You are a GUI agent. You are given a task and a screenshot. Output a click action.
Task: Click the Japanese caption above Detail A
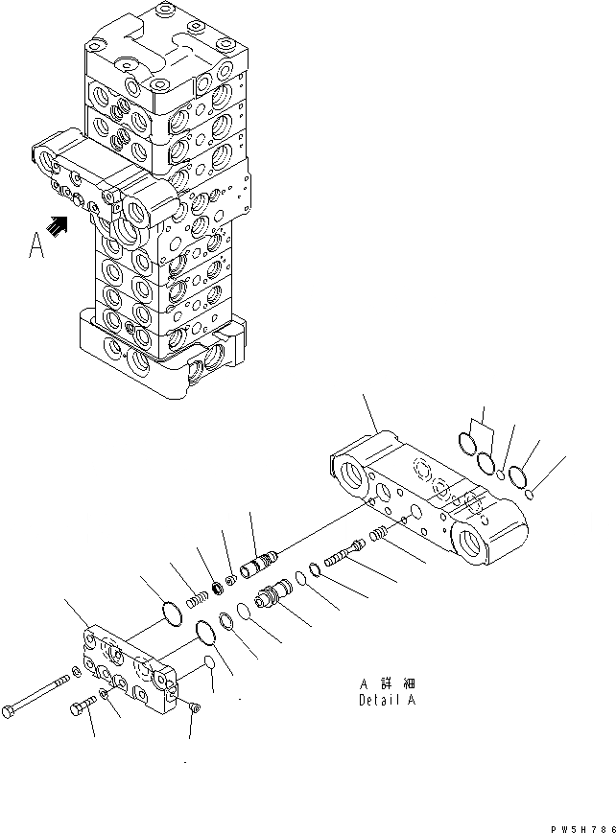388,683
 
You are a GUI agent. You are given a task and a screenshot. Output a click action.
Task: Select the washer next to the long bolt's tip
76,671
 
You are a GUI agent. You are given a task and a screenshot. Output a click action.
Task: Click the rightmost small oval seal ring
530,494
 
